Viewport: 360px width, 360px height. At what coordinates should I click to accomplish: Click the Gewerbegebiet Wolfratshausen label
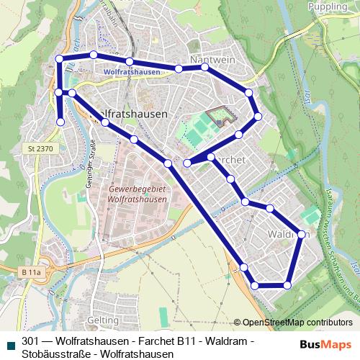(137, 192)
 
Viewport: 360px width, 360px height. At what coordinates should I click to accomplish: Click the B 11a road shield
(31, 273)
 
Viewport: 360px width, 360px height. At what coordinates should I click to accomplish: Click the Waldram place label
(287, 235)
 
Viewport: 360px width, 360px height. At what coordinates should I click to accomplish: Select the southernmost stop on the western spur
(60, 122)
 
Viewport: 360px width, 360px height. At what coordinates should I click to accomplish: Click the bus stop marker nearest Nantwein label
(204, 67)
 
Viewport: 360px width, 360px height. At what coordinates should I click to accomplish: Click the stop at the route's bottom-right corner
(287, 285)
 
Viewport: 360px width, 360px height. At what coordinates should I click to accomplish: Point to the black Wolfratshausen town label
(133, 114)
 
